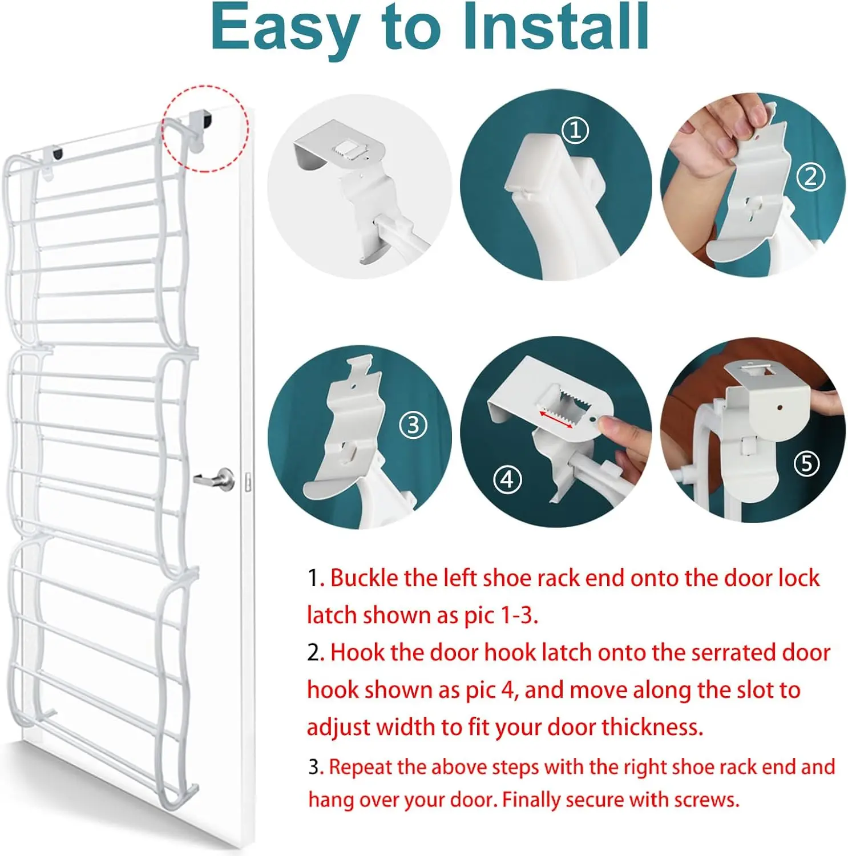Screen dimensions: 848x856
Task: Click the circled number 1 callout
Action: pyautogui.click(x=575, y=131)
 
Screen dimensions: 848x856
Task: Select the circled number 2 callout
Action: pyautogui.click(x=810, y=177)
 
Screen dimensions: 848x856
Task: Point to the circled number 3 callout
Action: pyautogui.click(x=413, y=425)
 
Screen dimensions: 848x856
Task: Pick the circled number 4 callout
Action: pyautogui.click(x=507, y=479)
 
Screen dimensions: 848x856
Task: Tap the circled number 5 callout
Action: pyautogui.click(x=806, y=463)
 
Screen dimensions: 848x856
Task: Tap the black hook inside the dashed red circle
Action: pyautogui.click(x=205, y=120)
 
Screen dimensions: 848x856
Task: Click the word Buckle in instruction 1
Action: pyautogui.click(x=365, y=578)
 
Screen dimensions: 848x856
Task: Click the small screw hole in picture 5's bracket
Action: pyautogui.click(x=779, y=409)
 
